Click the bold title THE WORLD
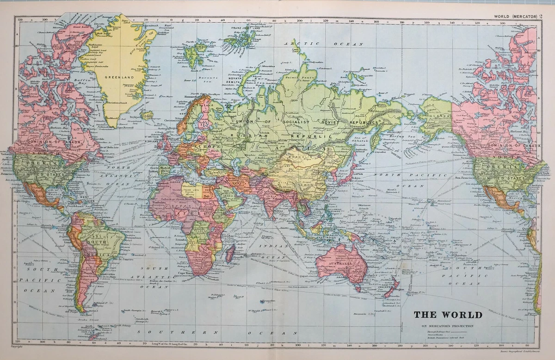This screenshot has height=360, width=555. (x=448, y=315)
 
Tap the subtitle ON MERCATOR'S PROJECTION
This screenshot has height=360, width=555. (x=448, y=326)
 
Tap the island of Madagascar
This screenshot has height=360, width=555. (x=230, y=254)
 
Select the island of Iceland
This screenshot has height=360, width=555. (x=147, y=114)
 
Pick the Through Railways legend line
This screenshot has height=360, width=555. (x=437, y=333)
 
